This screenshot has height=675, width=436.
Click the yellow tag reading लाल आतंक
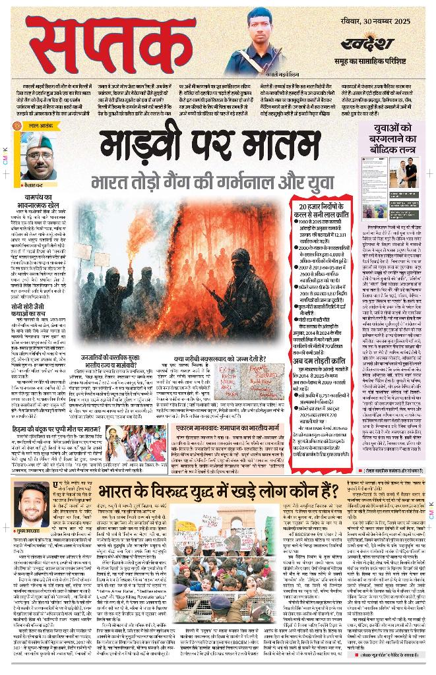click(36, 125)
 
